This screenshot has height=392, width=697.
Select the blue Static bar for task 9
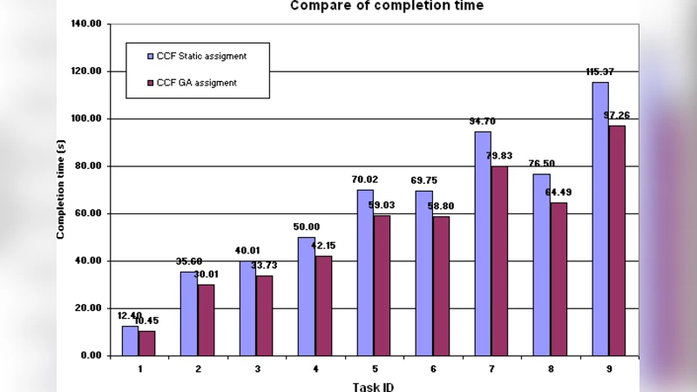600,218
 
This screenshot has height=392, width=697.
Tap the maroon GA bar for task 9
617,240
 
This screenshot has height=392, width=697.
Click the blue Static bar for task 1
130,341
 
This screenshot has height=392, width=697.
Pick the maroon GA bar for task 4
323,305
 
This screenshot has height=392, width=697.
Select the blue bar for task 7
483,243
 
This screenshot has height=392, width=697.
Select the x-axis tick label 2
198,369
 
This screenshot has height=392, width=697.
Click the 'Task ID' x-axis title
374,385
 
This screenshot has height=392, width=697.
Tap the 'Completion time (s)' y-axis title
62,188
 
